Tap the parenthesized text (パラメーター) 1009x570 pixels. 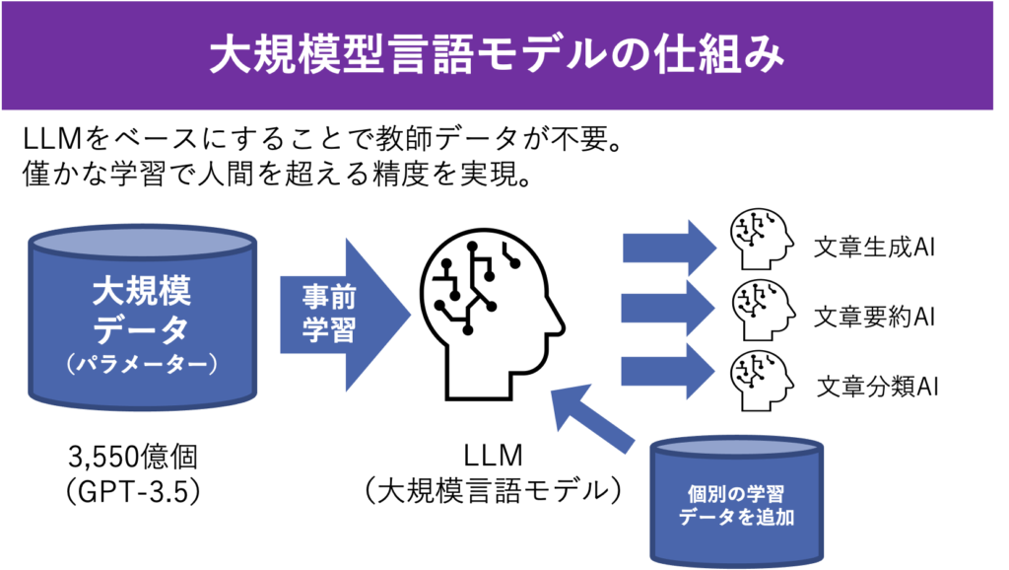pyautogui.click(x=142, y=364)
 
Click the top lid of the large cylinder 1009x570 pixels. pyautogui.click(x=143, y=241)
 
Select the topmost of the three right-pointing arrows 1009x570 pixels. pyautogui.click(x=668, y=248)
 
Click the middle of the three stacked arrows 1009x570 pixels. pyautogui.click(x=668, y=309)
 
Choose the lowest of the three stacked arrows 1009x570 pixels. pyautogui.click(x=668, y=370)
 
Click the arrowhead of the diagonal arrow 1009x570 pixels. pyautogui.click(x=566, y=403)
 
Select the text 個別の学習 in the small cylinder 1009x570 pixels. pyautogui.click(x=736, y=491)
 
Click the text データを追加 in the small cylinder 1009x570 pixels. pyautogui.click(x=736, y=516)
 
